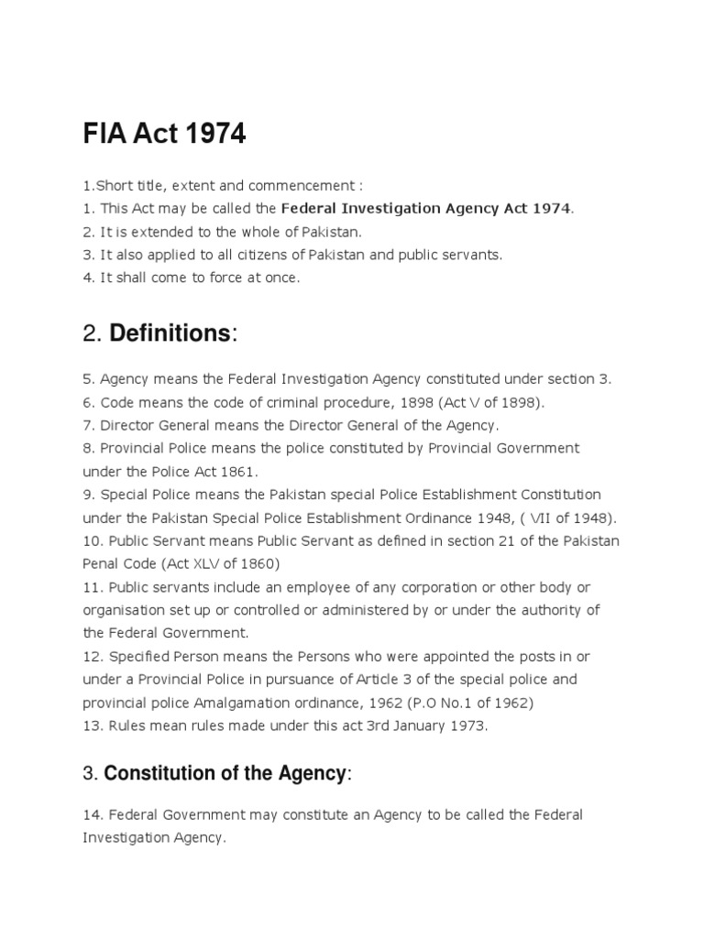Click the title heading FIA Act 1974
click(164, 134)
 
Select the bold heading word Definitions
click(170, 334)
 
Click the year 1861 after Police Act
click(240, 472)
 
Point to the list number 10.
click(91, 540)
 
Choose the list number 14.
click(91, 814)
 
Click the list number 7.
click(87, 425)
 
